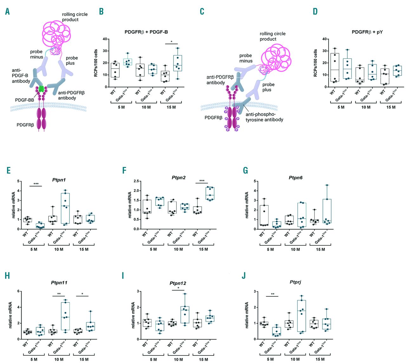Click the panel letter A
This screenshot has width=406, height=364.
pyautogui.click(x=7, y=11)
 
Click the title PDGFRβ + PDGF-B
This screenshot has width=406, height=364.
pyautogui.click(x=146, y=32)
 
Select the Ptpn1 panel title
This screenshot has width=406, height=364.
pyautogui.click(x=59, y=180)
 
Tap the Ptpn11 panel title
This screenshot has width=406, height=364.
pyautogui.click(x=59, y=282)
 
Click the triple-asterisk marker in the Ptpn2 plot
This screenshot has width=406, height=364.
pyautogui.click(x=202, y=181)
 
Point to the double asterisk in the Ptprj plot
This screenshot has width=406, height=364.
pyautogui.click(x=272, y=294)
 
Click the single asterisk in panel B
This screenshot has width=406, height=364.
pyautogui.click(x=171, y=42)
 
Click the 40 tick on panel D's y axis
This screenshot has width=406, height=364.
pyautogui.click(x=324, y=39)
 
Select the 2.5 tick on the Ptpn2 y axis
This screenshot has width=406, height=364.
pyautogui.click(x=136, y=181)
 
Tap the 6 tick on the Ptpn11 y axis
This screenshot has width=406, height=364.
pyautogui.click(x=19, y=291)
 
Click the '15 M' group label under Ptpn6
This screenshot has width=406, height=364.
pyautogui.click(x=320, y=249)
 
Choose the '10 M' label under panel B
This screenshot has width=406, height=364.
pyautogui.click(x=146, y=107)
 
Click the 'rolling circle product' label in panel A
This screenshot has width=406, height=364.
pyautogui.click(x=75, y=17)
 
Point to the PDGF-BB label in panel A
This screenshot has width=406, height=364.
pyautogui.click(x=24, y=100)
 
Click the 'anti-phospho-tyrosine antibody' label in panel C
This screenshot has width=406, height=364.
pyautogui.click(x=264, y=117)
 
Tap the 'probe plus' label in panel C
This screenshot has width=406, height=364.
pyautogui.click(x=268, y=87)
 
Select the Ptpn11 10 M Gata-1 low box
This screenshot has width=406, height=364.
pyautogui.click(x=65, y=317)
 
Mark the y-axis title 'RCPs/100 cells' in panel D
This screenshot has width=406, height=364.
pyautogui.click(x=315, y=63)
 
